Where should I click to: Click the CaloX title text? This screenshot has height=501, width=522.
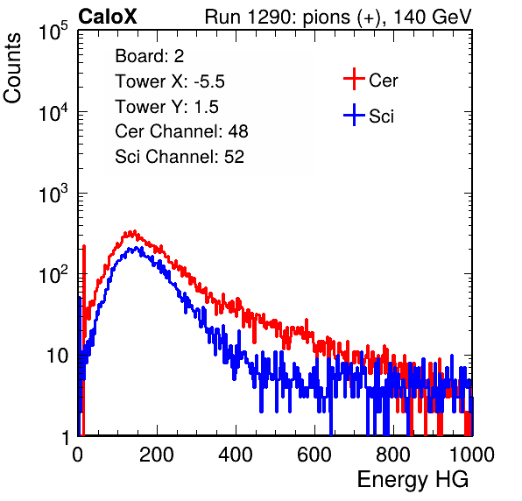tap(108, 17)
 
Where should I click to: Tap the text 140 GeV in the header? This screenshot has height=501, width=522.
tap(433, 17)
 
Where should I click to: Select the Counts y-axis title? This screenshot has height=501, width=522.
tap(12, 68)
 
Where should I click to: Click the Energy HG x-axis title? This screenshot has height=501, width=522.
tap(413, 480)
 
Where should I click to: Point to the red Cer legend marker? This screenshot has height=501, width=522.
tap(354, 79)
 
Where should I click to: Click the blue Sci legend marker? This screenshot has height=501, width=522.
tap(354, 115)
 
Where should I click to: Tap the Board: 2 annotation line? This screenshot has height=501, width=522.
tap(150, 56)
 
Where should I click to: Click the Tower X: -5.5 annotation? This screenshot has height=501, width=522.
tap(170, 81)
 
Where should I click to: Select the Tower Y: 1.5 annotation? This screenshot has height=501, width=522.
tap(166, 107)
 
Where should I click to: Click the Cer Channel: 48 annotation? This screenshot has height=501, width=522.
tap(181, 131)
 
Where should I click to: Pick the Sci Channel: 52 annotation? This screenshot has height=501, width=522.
tap(180, 157)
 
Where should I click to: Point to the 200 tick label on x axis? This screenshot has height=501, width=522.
tap(157, 455)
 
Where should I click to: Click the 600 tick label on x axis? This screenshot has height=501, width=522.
tap(314, 455)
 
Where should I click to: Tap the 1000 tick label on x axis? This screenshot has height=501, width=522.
tap(472, 455)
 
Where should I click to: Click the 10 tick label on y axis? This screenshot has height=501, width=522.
tap(57, 356)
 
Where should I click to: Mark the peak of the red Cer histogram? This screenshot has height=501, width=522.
tap(134, 231)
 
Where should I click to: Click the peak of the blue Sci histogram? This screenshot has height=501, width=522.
tap(136, 248)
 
